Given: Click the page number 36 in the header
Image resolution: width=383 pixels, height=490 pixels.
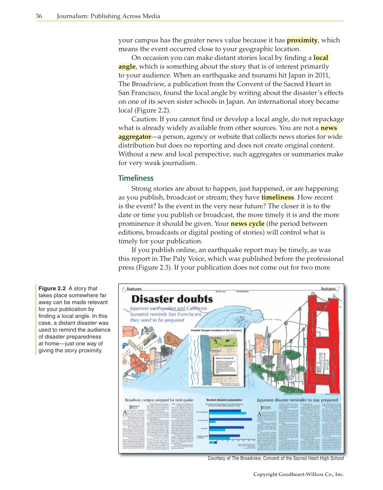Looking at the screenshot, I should coord(39,17).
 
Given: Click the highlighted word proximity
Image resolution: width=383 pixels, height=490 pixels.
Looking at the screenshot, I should coord(302,41).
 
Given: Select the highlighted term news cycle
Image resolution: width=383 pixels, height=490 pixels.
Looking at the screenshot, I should coord(248,224).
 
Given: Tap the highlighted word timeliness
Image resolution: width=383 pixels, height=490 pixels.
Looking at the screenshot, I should coord(277,197).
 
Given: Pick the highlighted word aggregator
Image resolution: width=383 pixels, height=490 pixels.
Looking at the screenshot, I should coord(134,137).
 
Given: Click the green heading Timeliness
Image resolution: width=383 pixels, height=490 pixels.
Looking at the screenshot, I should coord(136,178).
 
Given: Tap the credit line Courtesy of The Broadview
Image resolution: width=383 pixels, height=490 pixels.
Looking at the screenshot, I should coord(276,458).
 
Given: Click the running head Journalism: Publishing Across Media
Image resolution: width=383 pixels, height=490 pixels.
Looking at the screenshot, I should coord(108,17).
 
